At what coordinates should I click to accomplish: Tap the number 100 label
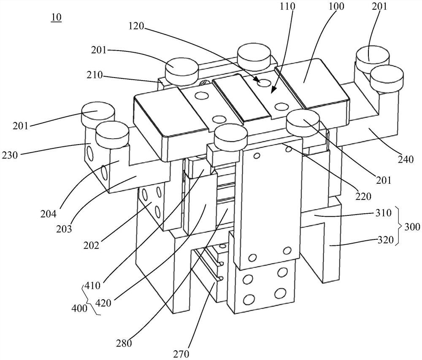point(338,6)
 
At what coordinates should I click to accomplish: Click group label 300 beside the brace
point(412,227)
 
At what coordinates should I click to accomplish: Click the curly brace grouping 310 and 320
point(400,227)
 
